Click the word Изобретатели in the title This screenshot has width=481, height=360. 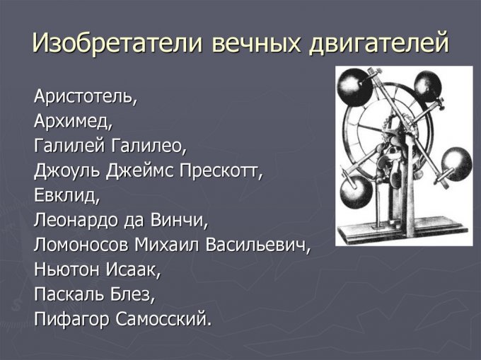click(x=117, y=42)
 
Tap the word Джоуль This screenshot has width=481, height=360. click(x=67, y=171)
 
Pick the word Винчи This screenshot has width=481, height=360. click(x=179, y=220)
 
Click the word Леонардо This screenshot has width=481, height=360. click(x=76, y=221)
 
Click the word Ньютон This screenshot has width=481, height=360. click(x=66, y=270)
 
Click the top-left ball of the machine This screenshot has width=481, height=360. click(x=355, y=87)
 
